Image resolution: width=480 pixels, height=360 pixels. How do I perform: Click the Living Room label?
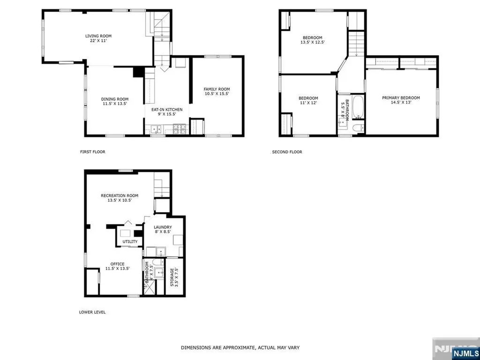98,36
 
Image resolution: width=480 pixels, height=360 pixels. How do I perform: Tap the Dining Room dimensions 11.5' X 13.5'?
115,104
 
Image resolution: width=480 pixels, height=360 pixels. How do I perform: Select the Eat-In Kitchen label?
167,109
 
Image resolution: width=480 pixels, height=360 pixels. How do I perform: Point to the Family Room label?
217,89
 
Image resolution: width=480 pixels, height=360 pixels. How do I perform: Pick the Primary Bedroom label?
401,98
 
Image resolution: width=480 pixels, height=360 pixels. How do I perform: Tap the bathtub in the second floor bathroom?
357,107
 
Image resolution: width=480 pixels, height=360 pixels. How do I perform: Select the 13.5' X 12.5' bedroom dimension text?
312,42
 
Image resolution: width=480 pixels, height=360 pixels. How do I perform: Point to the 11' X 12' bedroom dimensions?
308,103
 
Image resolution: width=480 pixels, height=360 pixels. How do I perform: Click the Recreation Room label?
120,195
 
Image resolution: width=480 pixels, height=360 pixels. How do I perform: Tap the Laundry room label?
163,227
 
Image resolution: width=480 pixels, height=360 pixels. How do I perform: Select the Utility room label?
130,242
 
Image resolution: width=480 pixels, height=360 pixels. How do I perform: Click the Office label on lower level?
117,264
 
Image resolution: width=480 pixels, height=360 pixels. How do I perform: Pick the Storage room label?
172,277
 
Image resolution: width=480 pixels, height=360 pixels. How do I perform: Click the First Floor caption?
92,152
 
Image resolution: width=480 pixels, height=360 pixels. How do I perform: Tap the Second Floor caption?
287,152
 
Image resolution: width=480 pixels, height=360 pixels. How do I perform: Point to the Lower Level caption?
92,312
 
